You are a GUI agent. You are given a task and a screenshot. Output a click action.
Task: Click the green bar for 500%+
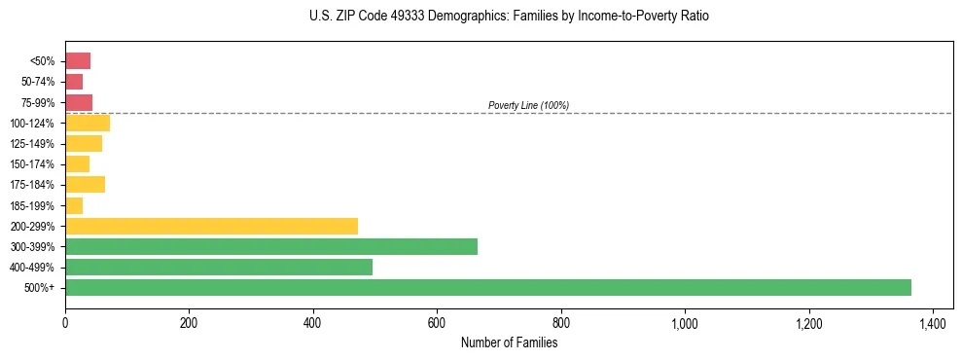click(487, 287)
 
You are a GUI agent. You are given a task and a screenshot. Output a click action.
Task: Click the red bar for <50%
click(78, 61)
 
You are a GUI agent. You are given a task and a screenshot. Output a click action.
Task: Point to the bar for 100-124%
click(88, 123)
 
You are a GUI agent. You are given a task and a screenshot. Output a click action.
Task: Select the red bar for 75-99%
click(79, 102)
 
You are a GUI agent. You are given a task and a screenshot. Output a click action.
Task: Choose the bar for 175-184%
click(85, 185)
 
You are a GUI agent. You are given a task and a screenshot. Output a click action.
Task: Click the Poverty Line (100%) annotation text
click(528, 105)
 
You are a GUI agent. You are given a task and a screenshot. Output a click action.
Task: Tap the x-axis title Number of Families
click(509, 342)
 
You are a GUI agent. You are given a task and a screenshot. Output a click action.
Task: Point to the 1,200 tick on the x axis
click(808, 322)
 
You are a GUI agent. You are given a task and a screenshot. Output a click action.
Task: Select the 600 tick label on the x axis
click(437, 322)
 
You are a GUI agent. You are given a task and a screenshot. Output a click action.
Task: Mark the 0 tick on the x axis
click(65, 322)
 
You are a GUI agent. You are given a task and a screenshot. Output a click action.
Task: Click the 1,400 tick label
click(932, 322)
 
